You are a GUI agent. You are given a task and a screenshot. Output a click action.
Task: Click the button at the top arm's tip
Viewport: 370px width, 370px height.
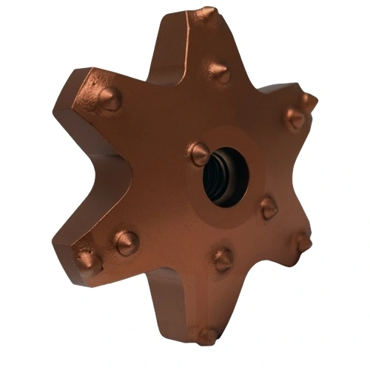206,16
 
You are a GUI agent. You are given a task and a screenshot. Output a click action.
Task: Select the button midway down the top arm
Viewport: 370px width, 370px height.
218,72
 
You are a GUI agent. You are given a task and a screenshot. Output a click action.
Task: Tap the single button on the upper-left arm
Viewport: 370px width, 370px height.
109,98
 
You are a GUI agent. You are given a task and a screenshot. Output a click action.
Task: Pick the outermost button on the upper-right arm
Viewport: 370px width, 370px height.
309,101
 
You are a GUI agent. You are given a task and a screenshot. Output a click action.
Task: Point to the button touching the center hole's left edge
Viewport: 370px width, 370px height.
198,154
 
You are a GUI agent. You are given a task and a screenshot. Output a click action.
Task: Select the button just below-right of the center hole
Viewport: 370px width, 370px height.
268,208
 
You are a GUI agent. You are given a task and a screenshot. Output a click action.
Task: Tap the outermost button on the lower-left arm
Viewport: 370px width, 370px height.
88,260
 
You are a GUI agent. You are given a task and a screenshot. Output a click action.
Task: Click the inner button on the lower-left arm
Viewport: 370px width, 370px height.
126,241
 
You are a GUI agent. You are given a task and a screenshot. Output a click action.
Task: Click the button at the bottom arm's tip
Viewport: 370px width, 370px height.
205,334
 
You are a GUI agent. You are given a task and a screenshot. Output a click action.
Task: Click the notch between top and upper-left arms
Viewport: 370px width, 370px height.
152,78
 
